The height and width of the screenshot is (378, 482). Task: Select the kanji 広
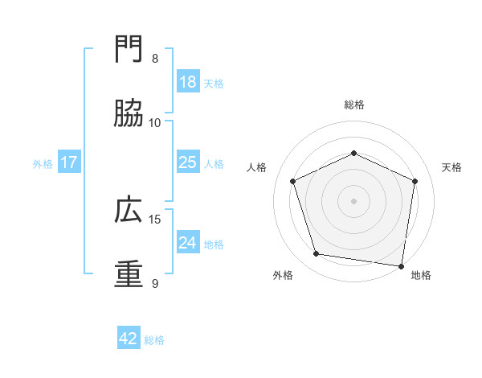(x=129, y=210)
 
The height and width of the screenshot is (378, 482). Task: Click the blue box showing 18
(x=188, y=82)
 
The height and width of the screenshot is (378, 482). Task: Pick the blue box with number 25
(x=188, y=162)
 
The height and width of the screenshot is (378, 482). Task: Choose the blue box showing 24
(x=188, y=243)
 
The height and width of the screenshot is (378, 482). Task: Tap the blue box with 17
(x=69, y=162)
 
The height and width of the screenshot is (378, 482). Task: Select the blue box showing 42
(x=129, y=339)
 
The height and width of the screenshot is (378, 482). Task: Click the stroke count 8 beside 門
(x=155, y=59)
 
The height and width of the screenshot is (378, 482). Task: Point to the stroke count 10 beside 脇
(x=155, y=123)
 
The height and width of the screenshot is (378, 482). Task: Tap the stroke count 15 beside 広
(x=155, y=219)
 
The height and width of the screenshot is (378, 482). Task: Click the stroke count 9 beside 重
(x=155, y=283)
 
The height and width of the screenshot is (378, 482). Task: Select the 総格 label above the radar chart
(x=354, y=105)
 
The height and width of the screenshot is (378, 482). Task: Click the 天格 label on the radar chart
(x=452, y=167)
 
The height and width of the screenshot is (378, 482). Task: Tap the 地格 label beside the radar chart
(x=421, y=275)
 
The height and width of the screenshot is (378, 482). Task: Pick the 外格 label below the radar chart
(x=283, y=275)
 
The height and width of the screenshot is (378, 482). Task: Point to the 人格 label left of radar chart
(x=257, y=167)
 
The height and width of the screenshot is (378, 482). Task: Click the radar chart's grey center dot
(x=354, y=201)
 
